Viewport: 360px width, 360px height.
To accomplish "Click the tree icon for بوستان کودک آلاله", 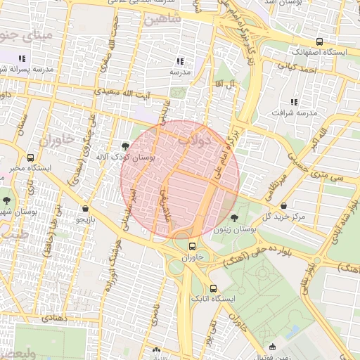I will click(125, 146).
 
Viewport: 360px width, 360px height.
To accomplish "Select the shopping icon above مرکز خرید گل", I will click(283, 206).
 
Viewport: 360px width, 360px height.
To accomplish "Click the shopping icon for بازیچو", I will click(86, 208).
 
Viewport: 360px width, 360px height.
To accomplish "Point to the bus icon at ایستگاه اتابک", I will click(214, 288).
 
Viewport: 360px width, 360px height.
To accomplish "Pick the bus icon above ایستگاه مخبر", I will click(30, 157).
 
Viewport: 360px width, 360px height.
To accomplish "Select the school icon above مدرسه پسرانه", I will click(22, 58).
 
